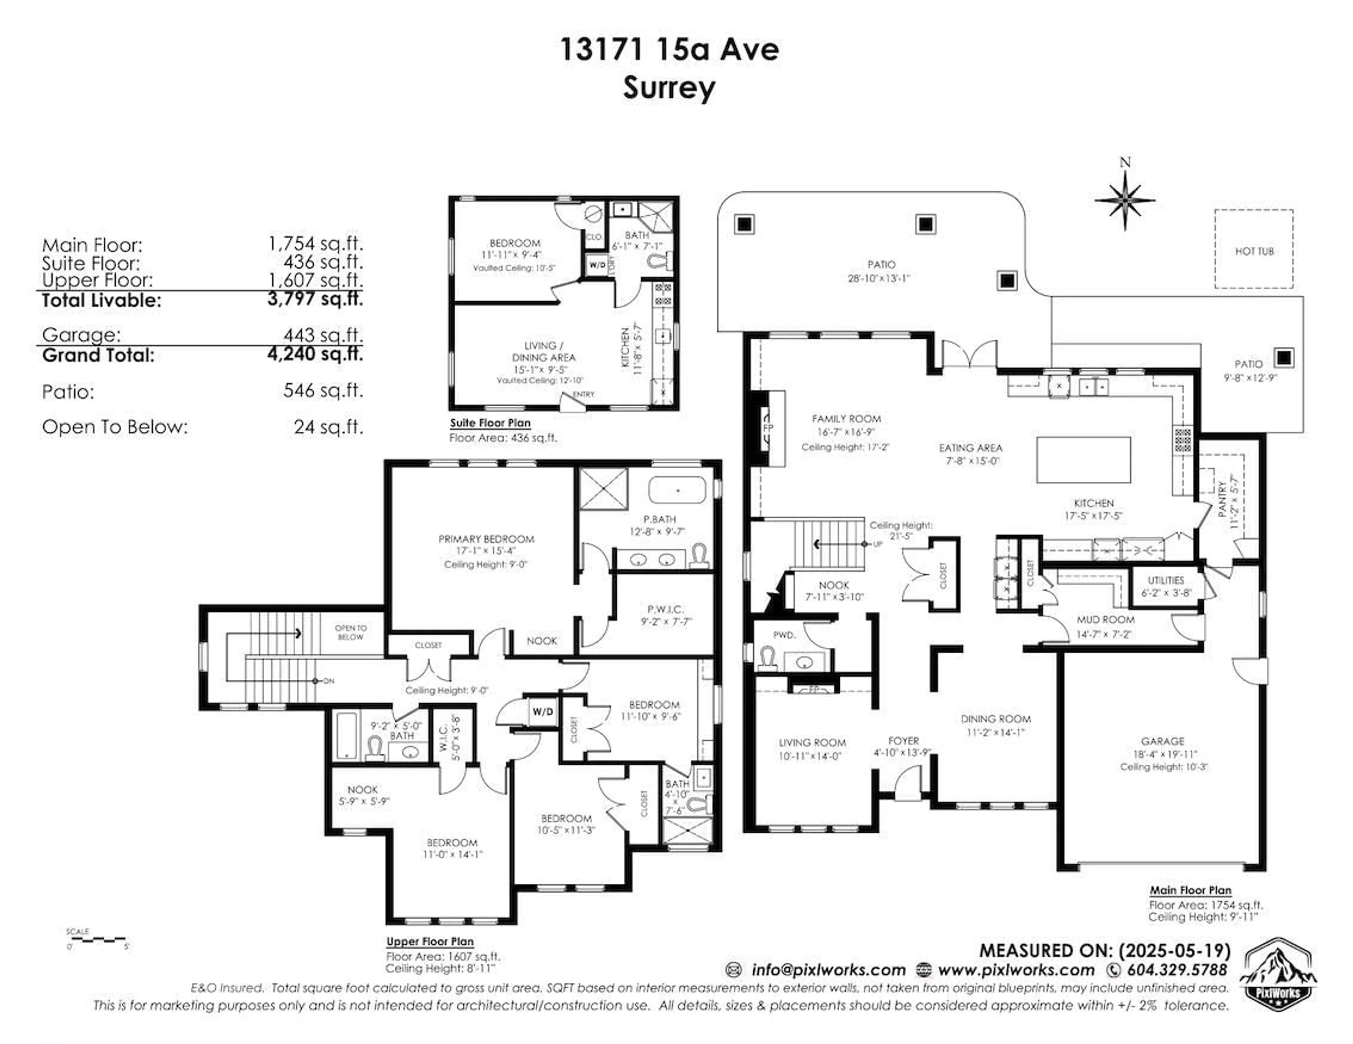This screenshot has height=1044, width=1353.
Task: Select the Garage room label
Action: pos(1162,741)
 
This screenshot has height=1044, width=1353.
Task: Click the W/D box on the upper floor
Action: pos(543,712)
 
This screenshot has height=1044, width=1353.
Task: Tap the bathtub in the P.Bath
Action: pos(677,490)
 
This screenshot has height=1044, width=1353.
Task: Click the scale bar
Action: pos(97,939)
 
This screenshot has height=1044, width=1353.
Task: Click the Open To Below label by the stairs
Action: pos(351,632)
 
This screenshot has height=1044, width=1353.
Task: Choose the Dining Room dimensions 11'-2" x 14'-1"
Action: pos(995,732)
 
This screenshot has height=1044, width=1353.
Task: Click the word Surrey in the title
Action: pos(669,88)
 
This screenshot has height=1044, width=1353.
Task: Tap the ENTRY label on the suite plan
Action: pos(583,394)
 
